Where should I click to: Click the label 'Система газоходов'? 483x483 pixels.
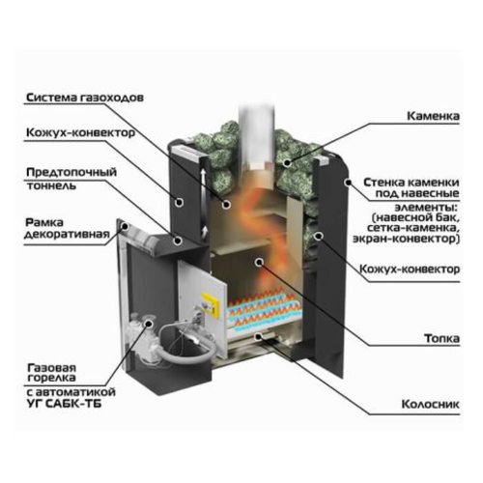(85, 98)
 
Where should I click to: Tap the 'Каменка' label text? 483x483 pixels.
(433, 116)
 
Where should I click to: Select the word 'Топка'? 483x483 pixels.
(441, 338)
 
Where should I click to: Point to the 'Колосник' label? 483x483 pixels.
(431, 404)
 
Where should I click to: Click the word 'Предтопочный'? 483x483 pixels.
(71, 172)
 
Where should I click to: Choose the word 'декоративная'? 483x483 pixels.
(67, 234)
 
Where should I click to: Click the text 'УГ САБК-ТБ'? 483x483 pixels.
(65, 404)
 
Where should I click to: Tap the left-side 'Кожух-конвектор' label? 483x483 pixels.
(80, 132)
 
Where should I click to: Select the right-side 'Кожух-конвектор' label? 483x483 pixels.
(410, 269)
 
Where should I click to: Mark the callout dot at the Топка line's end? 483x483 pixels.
(259, 263)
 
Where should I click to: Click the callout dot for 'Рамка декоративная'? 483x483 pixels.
(125, 227)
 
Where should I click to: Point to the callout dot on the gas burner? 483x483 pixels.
(149, 323)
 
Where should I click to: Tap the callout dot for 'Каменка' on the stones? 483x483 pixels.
(287, 163)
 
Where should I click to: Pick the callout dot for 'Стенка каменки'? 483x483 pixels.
(348, 183)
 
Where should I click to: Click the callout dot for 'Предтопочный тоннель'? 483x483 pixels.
(178, 241)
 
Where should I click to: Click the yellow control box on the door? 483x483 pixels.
(211, 304)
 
